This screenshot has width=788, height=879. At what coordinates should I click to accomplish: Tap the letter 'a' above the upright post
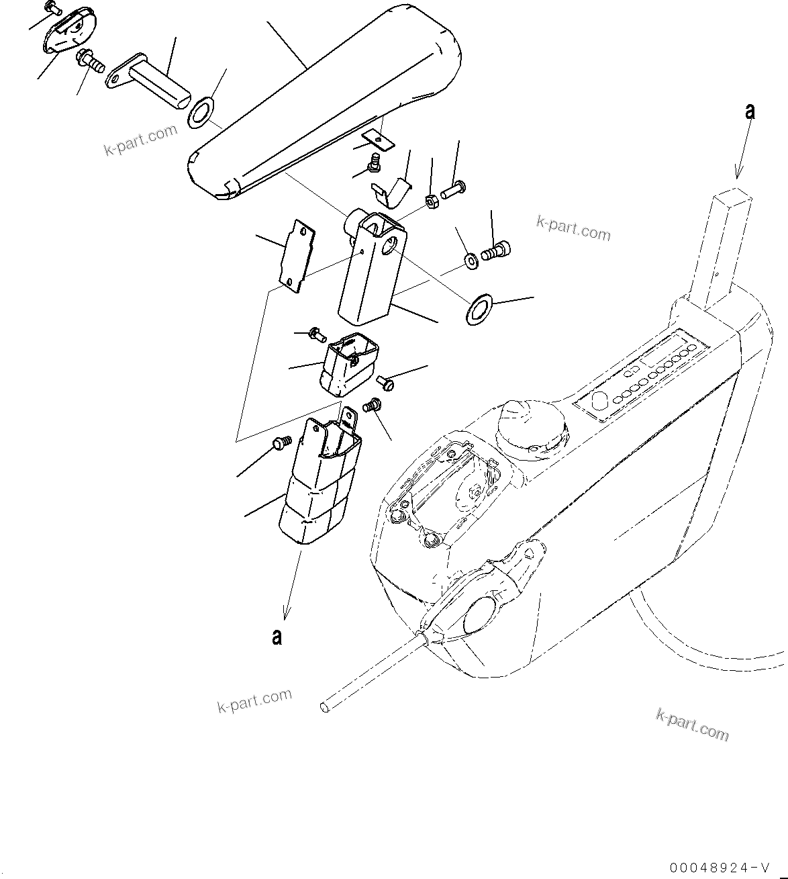coord(750,111)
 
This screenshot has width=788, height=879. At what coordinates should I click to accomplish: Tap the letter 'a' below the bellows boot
coord(277,636)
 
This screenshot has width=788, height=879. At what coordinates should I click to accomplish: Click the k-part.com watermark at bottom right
coord(692,725)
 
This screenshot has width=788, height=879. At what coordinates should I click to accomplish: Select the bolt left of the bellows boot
coord(281,443)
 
